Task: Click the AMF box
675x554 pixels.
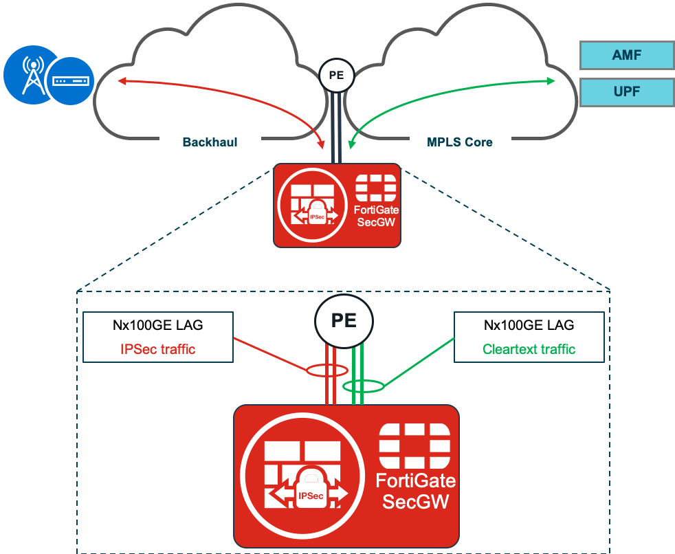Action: (x=626, y=56)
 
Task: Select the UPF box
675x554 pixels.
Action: (x=626, y=92)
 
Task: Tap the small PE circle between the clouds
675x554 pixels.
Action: (x=336, y=76)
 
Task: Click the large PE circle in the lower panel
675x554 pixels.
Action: (x=344, y=321)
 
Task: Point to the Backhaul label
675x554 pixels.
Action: (x=210, y=143)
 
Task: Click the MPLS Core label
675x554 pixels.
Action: (x=460, y=143)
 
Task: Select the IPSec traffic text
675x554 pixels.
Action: (x=157, y=349)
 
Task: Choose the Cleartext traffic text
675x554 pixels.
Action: (x=529, y=349)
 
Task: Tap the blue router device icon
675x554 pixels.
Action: (x=70, y=81)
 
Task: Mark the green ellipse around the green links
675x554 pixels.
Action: (x=363, y=386)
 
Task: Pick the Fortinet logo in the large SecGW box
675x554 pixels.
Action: (x=414, y=445)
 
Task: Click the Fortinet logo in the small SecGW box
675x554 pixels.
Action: (x=375, y=188)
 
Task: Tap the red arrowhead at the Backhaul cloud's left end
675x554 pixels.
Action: (x=122, y=81)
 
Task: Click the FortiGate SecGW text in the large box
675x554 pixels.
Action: (x=415, y=491)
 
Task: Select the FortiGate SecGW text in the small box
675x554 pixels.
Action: (x=375, y=216)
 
